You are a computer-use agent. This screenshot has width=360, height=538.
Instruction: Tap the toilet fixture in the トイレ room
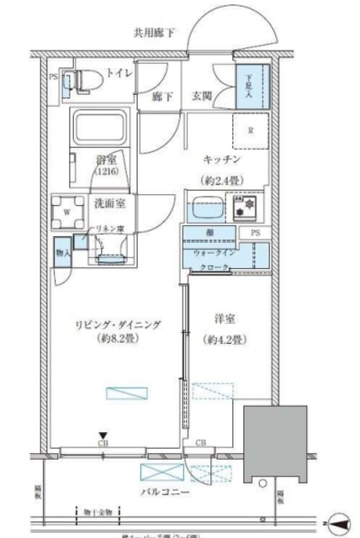[x=84, y=80]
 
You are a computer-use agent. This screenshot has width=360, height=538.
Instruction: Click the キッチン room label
[x=224, y=158]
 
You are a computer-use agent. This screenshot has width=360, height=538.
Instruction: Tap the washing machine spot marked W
[x=66, y=212]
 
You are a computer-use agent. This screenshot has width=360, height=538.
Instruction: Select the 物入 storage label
[x=62, y=253]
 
